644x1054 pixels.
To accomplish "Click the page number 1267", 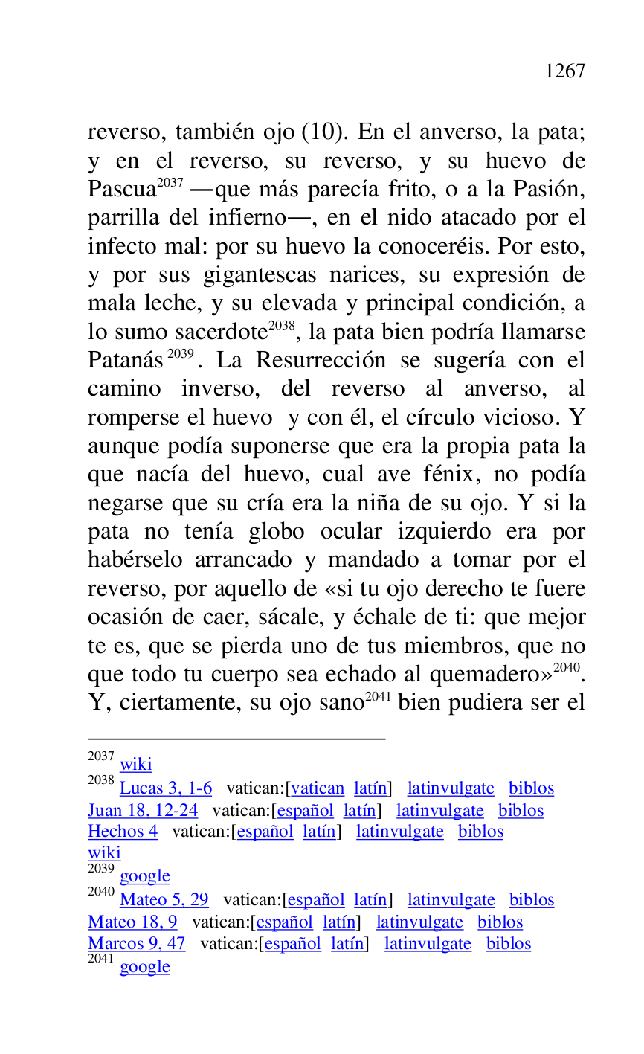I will click(564, 71).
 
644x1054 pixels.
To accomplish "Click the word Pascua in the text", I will click(122, 190).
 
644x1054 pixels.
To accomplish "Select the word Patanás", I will click(125, 361).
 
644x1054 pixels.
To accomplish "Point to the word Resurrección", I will click(321, 361).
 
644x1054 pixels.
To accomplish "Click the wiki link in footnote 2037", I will click(136, 764).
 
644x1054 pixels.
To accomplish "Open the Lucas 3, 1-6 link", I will click(166, 788).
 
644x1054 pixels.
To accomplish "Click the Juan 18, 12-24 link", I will click(143, 811).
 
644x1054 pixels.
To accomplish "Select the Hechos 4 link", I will click(123, 832).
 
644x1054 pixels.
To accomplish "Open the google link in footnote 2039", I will click(145, 876).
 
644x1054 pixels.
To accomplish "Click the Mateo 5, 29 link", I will click(164, 900).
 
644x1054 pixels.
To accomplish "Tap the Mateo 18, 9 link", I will click(132, 922).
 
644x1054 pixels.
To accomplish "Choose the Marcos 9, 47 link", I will click(136, 944).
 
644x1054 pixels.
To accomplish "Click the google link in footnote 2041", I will click(145, 967).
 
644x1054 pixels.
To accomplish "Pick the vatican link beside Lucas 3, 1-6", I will click(318, 788).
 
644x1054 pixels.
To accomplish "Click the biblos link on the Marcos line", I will click(509, 944).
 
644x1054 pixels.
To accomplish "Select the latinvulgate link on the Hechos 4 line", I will click(400, 832).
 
